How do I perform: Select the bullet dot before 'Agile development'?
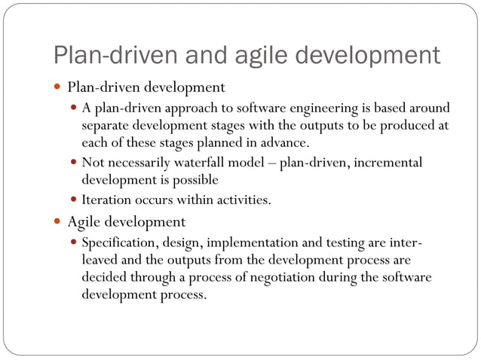click(x=58, y=222)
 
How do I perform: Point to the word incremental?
click(x=387, y=162)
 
